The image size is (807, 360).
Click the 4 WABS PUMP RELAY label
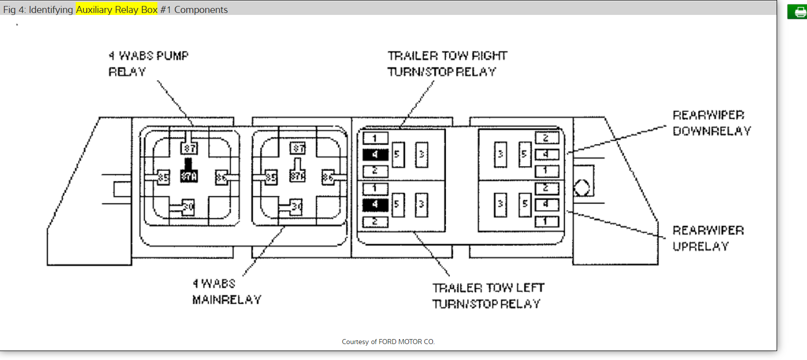[x=148, y=63]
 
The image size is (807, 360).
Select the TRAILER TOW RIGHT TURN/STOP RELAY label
[x=447, y=63]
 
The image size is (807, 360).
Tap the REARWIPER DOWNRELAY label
[x=711, y=123]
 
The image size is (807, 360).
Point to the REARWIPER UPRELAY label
[x=708, y=238]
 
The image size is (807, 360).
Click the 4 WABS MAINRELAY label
[x=227, y=291]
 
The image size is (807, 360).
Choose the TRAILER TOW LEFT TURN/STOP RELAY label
[x=488, y=296]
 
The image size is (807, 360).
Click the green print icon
[x=798, y=11]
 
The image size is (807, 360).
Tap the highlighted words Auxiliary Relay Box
[x=117, y=9]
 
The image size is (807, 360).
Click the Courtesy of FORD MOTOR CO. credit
[x=388, y=342]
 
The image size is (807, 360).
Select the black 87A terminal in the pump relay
[x=189, y=176]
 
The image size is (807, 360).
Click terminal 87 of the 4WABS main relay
[x=298, y=148]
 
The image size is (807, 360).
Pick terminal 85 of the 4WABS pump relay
[x=163, y=177]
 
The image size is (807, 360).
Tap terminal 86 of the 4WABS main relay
[x=328, y=177]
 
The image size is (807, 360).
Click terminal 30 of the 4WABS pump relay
[x=188, y=206]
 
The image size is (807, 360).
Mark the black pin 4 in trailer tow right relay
[x=375, y=154]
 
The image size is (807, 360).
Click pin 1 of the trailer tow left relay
[x=375, y=189]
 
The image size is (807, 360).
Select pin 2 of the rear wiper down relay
[x=546, y=138]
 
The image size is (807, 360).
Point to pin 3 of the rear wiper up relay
[x=500, y=204]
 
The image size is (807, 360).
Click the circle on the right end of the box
[x=582, y=188]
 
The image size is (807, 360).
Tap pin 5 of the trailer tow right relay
[x=398, y=154]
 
